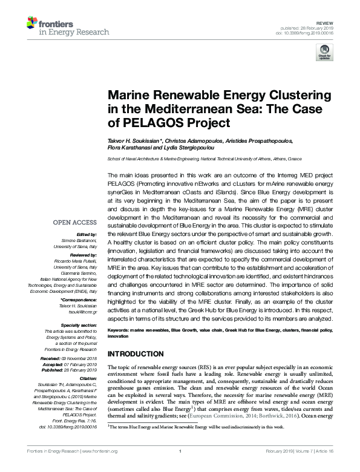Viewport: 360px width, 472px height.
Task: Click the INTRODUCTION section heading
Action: coord(140,353)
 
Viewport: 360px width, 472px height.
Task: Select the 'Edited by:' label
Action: coord(85,234)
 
